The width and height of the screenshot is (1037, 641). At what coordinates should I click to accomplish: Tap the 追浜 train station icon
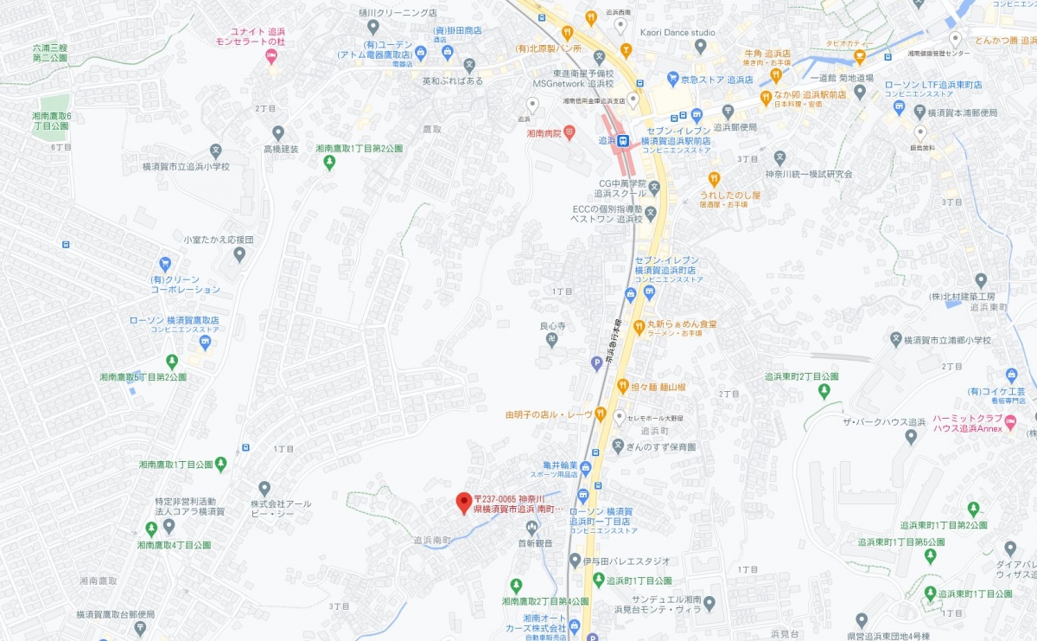click(x=623, y=140)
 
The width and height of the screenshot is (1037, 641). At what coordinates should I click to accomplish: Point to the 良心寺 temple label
click(x=552, y=326)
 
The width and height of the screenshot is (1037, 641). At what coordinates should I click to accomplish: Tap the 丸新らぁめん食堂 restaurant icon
click(x=639, y=327)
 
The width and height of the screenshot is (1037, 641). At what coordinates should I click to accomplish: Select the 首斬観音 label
click(x=535, y=543)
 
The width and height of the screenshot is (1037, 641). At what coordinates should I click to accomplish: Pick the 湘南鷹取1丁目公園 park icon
click(x=221, y=465)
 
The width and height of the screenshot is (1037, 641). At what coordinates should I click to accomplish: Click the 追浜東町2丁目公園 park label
click(x=802, y=376)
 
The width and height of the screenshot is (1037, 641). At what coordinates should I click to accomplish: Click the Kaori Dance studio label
click(x=677, y=33)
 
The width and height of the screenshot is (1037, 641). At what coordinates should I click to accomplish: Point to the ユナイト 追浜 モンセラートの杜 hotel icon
click(x=271, y=58)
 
